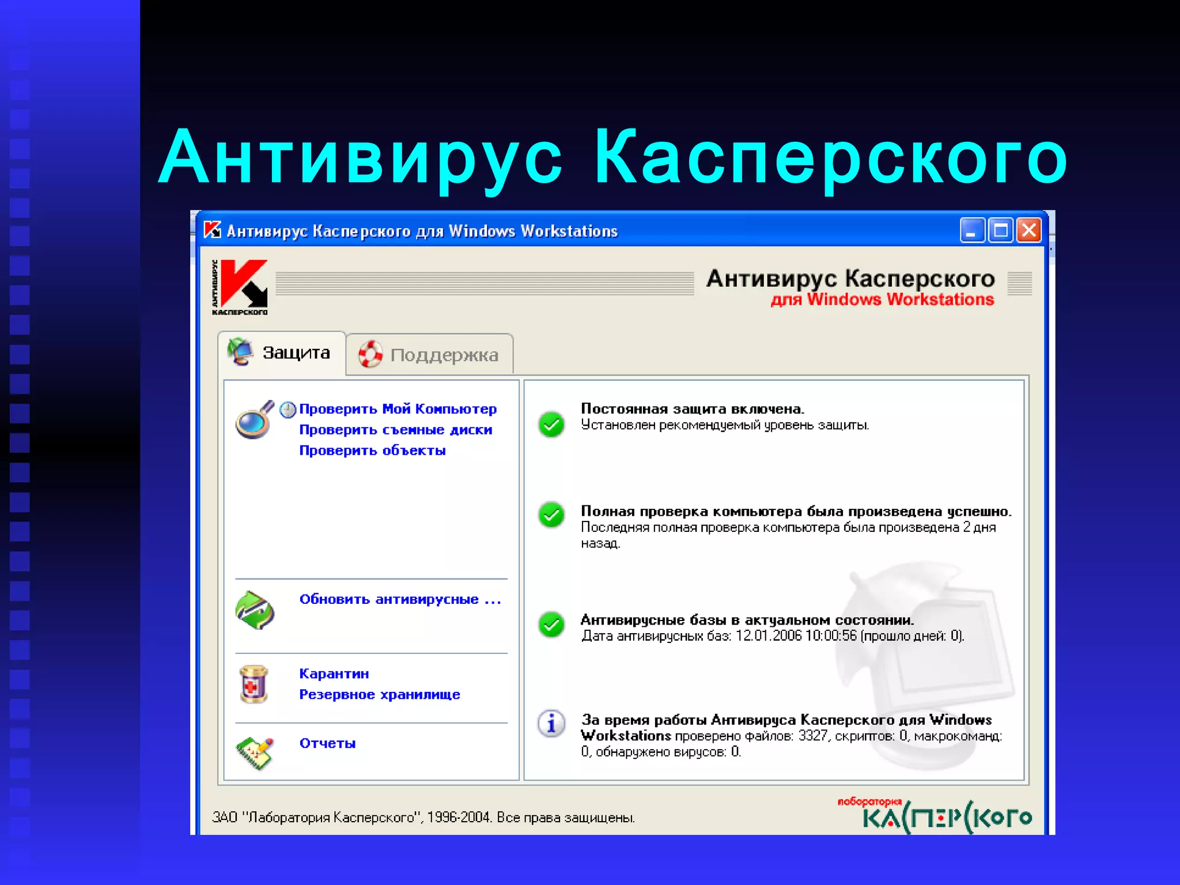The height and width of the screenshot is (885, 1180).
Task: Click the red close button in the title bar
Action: tap(1029, 230)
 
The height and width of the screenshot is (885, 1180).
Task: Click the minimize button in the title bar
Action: tap(972, 230)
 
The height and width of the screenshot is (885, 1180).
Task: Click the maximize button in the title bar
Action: tap(1001, 230)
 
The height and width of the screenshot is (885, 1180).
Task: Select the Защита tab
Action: tap(282, 353)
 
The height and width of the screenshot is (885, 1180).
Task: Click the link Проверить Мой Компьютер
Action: tap(398, 409)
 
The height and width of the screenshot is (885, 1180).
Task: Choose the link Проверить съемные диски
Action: tap(395, 430)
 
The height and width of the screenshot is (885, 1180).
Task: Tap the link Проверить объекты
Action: tap(372, 451)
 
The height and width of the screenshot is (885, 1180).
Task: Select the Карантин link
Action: tap(334, 674)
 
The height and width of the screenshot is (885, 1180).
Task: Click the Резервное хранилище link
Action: tap(379, 694)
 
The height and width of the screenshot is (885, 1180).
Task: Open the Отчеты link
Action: tap(327, 743)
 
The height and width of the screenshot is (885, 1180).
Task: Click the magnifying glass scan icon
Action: tap(254, 421)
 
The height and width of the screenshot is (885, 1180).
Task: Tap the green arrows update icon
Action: tap(255, 610)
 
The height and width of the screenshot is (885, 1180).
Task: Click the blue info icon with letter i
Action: tap(551, 723)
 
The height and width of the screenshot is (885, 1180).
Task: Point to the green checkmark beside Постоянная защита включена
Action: tap(551, 425)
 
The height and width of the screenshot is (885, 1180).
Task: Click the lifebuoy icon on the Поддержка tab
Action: tap(370, 354)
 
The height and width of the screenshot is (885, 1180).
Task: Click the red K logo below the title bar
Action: tap(243, 285)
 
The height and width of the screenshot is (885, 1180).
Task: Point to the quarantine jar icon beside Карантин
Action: tap(254, 684)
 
